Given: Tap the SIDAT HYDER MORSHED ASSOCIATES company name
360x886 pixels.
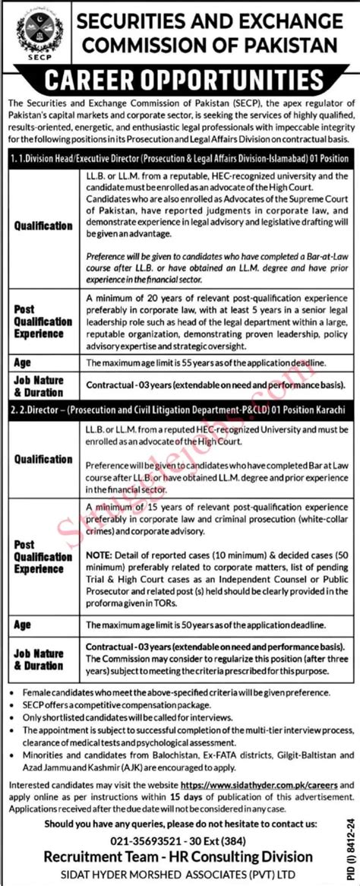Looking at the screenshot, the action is [180, 874].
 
